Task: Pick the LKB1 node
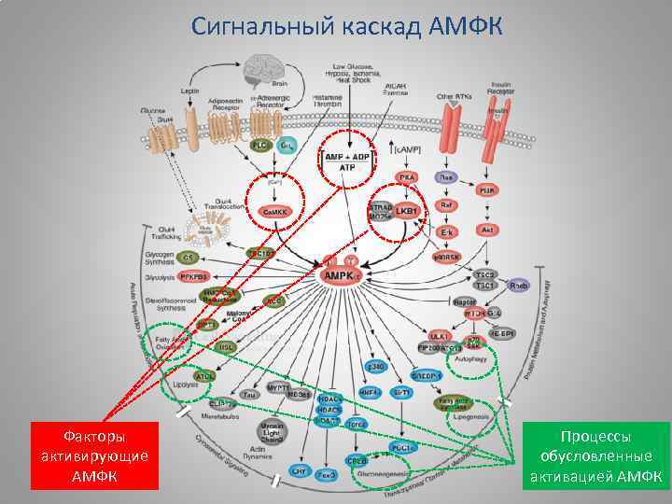click(407, 212)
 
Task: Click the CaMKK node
click(275, 213)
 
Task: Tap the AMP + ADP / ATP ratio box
click(346, 160)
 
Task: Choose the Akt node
click(486, 230)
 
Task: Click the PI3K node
click(486, 189)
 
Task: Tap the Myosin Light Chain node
click(272, 431)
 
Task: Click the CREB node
click(357, 460)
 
